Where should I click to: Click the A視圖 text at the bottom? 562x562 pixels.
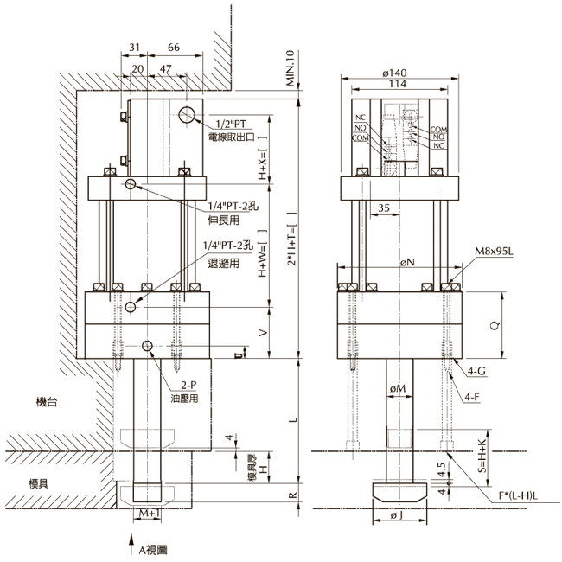pos(148,548)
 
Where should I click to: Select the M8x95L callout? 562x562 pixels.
pos(492,252)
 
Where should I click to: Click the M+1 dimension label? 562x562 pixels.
pos(146,514)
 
